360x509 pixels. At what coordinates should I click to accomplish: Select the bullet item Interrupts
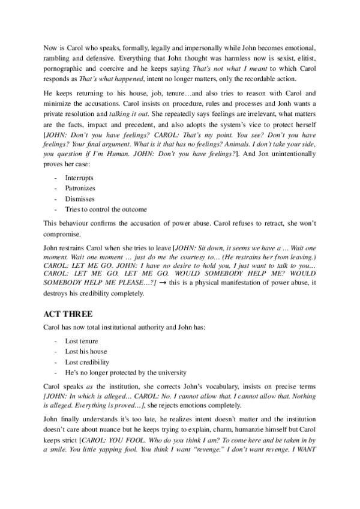pos(79,178)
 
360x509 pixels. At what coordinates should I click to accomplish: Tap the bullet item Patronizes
pos(81,188)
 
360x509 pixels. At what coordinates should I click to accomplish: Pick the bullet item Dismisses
pos(80,199)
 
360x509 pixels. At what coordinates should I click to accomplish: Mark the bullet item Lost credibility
pos(87,362)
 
